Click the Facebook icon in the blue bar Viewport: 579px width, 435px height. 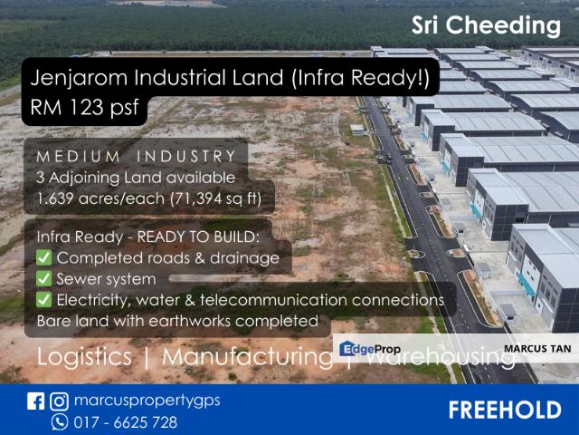(x=36, y=401)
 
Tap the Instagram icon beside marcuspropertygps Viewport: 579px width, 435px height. (x=58, y=401)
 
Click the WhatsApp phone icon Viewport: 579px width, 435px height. (x=60, y=421)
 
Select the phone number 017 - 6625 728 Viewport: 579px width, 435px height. (x=127, y=422)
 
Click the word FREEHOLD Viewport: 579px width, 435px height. (x=504, y=410)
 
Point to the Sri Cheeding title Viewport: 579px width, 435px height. (x=486, y=24)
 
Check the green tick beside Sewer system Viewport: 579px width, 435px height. (x=44, y=279)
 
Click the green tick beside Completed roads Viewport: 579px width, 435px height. (x=44, y=258)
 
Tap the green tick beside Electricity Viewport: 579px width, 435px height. (x=44, y=300)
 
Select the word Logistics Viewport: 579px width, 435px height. (x=84, y=357)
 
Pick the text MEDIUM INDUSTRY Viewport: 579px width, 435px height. (x=137, y=157)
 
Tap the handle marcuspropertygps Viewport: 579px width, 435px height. (x=147, y=401)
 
